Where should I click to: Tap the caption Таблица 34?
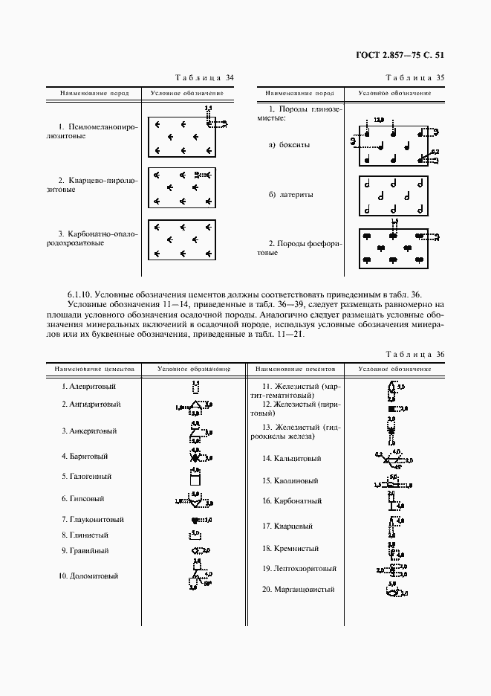pos(204,77)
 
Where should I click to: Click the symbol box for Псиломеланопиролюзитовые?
pos(182,137)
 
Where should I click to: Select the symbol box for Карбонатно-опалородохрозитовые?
pos(182,239)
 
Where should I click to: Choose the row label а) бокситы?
pos(289,145)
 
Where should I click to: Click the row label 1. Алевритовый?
pos(88,387)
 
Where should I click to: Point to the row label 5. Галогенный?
pos(86,476)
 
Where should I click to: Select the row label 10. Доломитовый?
pos(89,576)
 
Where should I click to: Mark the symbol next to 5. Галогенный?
pos(195,476)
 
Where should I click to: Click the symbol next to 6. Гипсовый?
pos(195,500)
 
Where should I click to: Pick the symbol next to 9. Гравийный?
pos(198,550)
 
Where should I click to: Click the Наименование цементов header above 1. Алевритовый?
pos(88,369)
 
